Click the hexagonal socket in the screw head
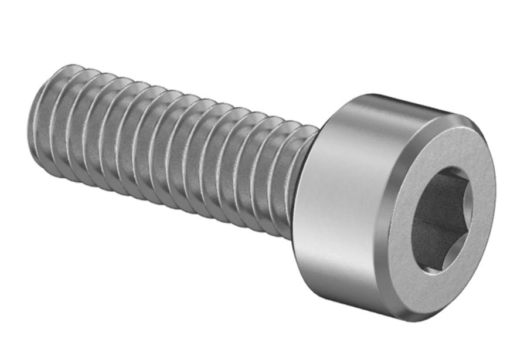pyautogui.click(x=441, y=218)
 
